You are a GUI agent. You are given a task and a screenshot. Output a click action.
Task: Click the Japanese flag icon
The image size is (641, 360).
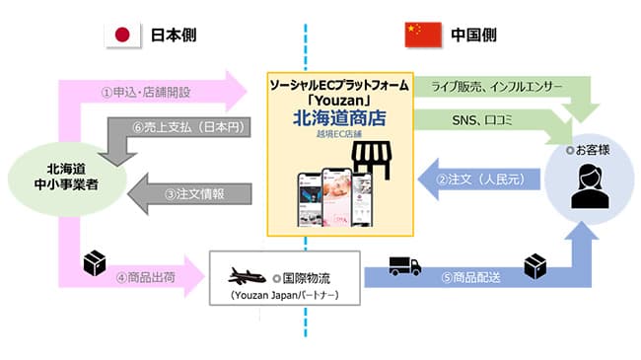[123, 35]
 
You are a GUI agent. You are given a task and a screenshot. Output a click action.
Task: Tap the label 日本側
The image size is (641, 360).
[173, 35]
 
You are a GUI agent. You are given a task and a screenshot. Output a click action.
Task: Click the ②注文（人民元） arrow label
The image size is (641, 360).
[479, 179]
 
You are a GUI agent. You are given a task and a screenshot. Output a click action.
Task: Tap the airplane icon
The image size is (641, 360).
[249, 273]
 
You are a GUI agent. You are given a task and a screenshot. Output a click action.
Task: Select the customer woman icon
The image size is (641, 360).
[591, 181]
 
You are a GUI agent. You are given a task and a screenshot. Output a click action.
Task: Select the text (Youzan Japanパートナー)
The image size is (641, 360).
[281, 294]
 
